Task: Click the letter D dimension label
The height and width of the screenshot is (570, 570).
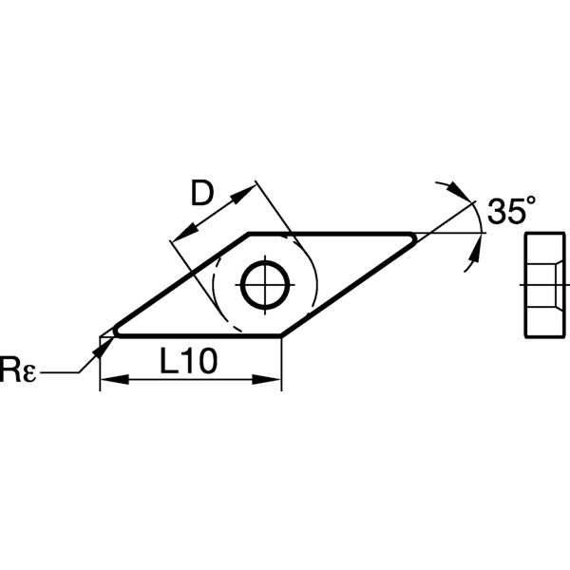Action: coord(199,194)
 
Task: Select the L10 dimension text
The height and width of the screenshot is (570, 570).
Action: coord(189,360)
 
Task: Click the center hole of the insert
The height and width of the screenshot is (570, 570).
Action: coord(263,283)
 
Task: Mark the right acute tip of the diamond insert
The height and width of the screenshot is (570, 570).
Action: coord(413,235)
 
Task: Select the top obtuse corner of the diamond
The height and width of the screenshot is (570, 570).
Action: coord(250,233)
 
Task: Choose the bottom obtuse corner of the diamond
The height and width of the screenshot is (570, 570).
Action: coord(281,335)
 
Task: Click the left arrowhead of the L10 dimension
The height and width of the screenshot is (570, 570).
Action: coord(107,380)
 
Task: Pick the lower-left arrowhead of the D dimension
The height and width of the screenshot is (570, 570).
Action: coord(177,235)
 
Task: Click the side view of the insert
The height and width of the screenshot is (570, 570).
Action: coord(545,285)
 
